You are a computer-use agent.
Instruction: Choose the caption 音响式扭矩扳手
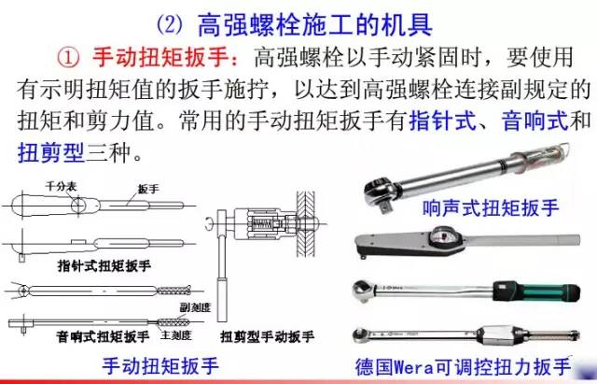click(x=103, y=335)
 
